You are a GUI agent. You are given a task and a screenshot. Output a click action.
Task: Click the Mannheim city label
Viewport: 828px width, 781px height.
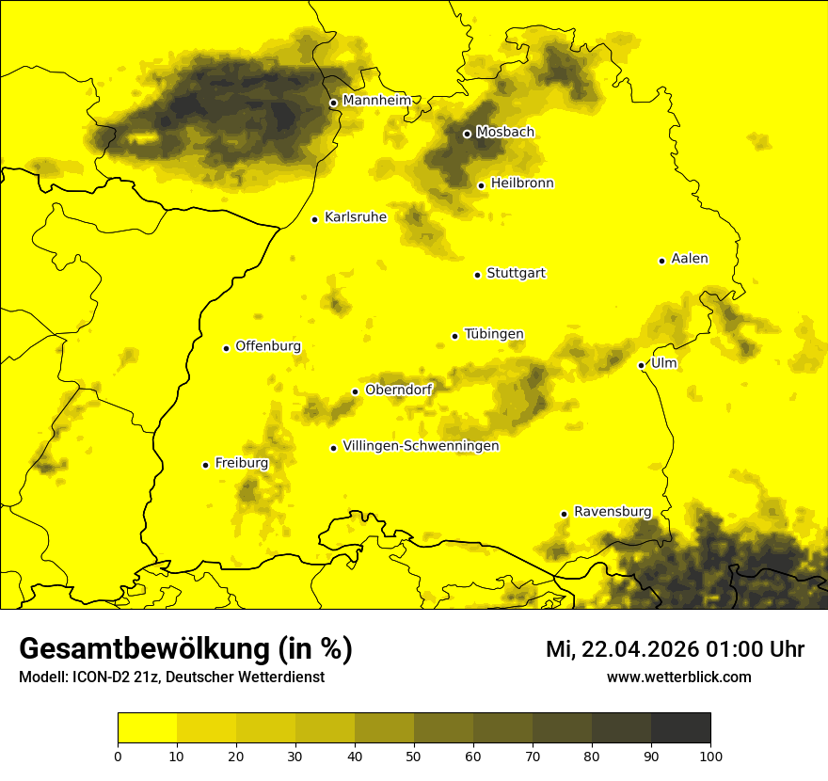click(376, 101)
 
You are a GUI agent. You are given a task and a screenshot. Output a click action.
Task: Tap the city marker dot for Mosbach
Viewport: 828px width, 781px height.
click(467, 134)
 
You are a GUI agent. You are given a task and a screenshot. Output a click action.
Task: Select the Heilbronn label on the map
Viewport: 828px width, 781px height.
click(522, 183)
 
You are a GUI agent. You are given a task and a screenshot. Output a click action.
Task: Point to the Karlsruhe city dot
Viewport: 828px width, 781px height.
click(315, 219)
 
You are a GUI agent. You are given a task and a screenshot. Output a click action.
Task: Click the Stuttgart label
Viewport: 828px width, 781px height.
click(516, 274)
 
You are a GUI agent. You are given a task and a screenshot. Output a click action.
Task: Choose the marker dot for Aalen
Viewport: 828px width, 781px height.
click(662, 261)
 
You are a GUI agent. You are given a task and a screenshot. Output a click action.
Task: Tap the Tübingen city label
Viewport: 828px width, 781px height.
click(494, 334)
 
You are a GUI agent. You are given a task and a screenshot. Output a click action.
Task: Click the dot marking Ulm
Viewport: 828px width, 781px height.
click(642, 365)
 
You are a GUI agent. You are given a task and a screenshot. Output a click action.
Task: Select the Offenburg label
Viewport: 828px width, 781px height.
click(268, 346)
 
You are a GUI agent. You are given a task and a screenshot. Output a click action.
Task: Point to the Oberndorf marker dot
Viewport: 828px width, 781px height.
click(355, 391)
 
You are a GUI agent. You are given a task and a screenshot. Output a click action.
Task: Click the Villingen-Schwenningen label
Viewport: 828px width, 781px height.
click(421, 446)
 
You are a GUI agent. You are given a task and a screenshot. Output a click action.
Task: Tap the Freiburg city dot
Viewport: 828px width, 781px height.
click(206, 465)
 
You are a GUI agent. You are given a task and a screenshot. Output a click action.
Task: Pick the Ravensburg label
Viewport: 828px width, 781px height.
click(613, 512)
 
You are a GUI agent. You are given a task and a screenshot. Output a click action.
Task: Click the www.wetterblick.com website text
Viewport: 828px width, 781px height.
click(678, 677)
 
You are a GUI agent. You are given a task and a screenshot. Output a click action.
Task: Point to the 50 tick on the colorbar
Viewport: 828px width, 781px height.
click(414, 755)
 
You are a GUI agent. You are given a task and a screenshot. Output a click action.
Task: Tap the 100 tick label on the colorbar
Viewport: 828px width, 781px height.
click(710, 755)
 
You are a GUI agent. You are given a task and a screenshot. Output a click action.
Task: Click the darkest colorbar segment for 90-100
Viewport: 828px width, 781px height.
click(680, 728)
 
